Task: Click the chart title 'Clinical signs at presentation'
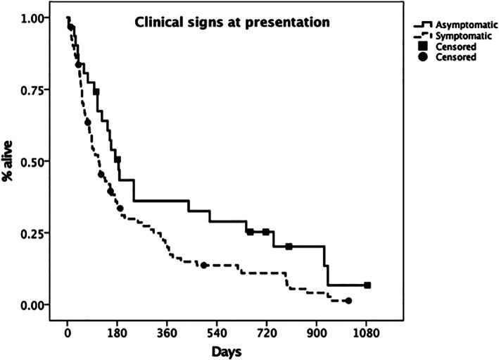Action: pos(232,22)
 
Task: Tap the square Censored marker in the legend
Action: pos(422,46)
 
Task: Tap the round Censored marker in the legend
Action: pos(422,57)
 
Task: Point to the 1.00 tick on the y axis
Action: pos(34,18)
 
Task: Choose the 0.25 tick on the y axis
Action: pos(34,233)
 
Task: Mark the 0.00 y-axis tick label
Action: pos(34,305)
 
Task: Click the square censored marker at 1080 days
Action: pos(367,285)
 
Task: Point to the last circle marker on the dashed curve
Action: pos(348,301)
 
